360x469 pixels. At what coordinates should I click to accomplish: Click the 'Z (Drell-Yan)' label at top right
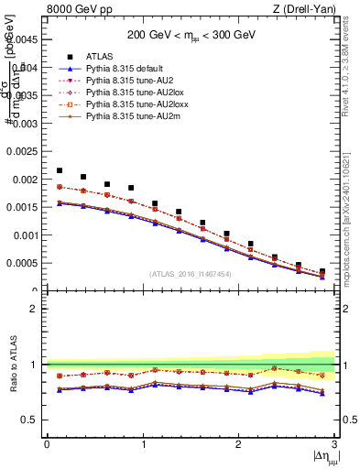[308, 9]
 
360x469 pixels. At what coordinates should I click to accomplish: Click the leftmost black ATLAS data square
[60, 170]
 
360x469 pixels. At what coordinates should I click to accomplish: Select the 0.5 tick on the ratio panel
[31, 420]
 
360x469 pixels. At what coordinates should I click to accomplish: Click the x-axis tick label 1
[142, 444]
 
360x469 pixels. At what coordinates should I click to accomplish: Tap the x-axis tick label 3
[334, 444]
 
